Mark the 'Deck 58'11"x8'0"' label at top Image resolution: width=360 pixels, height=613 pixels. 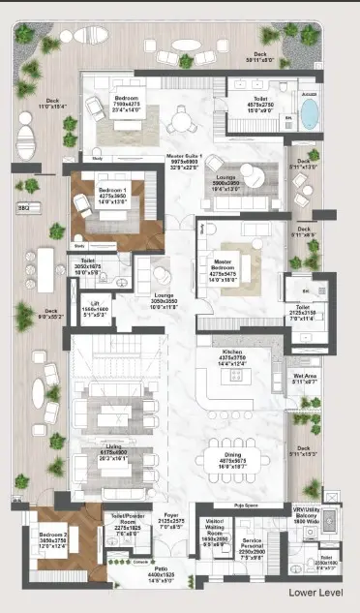coord(260,56)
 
